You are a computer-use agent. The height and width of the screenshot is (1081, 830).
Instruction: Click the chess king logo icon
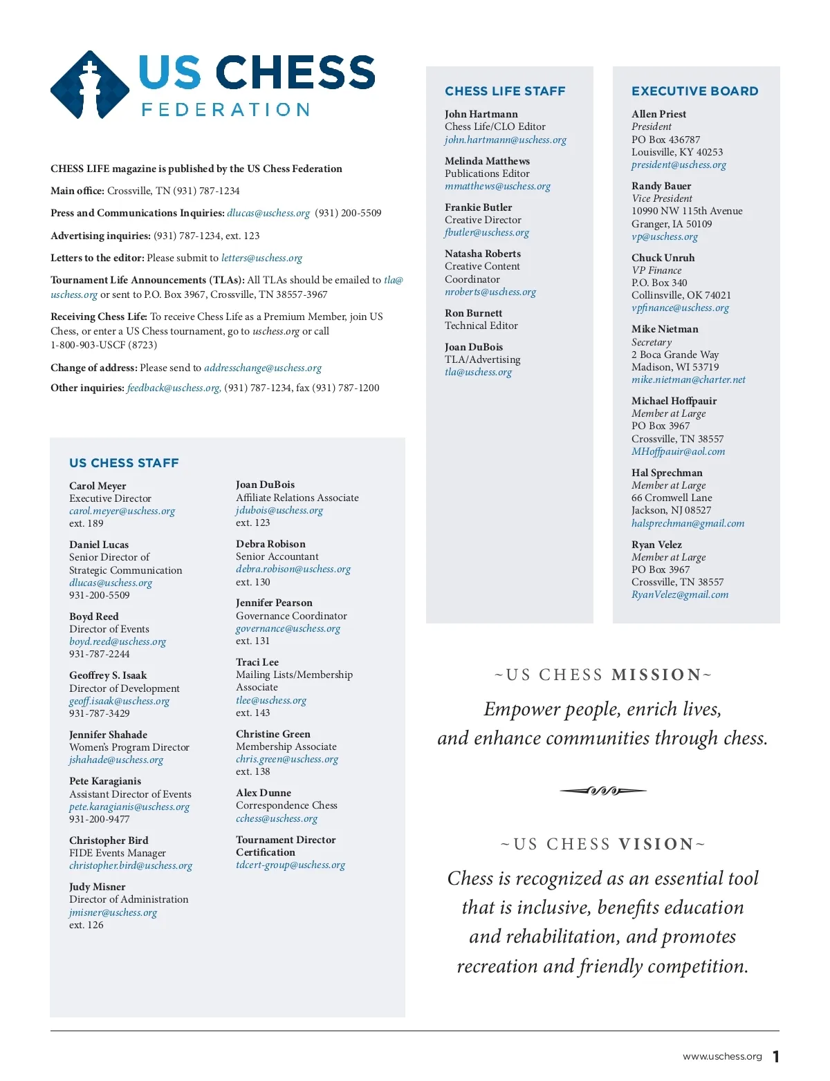[90, 85]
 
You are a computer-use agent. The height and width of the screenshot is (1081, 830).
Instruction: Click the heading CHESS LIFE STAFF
[505, 91]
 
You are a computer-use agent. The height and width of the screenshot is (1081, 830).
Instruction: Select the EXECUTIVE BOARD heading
[694, 91]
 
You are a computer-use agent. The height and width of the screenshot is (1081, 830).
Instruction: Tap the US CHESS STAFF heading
[124, 463]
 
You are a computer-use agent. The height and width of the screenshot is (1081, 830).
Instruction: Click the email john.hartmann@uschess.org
[505, 140]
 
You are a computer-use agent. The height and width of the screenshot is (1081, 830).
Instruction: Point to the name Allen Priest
[658, 114]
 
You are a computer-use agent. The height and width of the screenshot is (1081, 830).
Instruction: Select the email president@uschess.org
[679, 164]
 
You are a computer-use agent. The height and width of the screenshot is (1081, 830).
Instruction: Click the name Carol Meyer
[98, 486]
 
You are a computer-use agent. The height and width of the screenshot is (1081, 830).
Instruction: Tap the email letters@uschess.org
[261, 258]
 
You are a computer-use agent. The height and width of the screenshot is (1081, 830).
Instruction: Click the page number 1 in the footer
[776, 1056]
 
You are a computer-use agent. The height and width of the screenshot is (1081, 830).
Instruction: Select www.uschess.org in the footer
[722, 1056]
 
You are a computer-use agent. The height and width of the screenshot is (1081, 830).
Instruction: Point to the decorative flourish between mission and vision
[602, 791]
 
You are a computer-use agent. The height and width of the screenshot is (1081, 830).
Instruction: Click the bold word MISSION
[656, 675]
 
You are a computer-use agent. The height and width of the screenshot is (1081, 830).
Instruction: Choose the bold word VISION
[656, 844]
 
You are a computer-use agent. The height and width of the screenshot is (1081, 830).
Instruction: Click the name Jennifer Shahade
[108, 735]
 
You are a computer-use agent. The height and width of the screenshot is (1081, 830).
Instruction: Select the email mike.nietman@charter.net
[688, 379]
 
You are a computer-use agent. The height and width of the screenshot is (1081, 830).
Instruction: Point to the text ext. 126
[86, 925]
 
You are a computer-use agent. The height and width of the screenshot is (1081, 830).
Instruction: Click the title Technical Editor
[481, 326]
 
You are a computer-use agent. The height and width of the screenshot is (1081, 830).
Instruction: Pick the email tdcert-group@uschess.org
[290, 865]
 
